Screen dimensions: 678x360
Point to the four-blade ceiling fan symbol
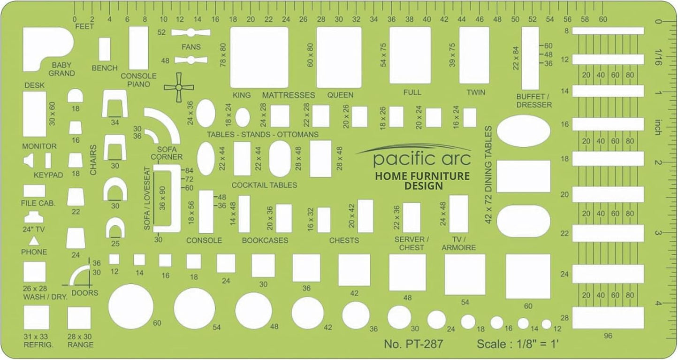[x=179, y=87]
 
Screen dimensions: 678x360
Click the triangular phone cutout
[x=34, y=241]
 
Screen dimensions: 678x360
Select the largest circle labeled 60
[x=131, y=306]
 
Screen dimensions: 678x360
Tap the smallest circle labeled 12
[x=546, y=324]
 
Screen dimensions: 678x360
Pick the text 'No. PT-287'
[x=413, y=345]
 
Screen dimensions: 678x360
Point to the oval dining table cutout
[x=523, y=131]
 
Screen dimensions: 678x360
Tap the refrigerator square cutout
[x=36, y=317]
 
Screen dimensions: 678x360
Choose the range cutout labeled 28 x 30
[x=79, y=318]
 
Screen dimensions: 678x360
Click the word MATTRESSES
[x=288, y=95]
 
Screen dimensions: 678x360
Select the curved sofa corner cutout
[x=164, y=124]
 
